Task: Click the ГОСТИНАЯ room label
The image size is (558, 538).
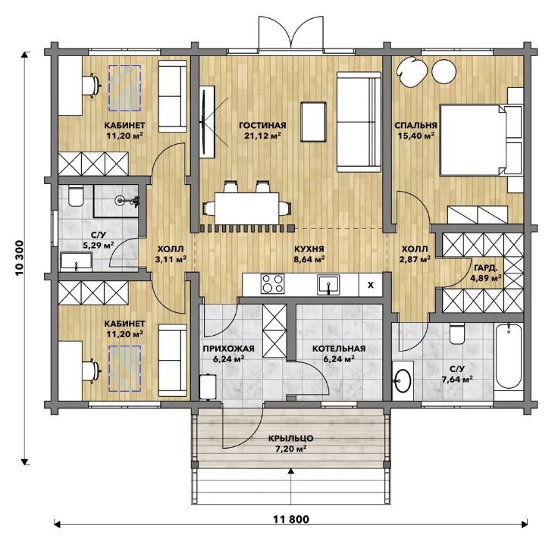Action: (x=262, y=126)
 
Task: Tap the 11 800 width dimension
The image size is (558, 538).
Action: (x=291, y=520)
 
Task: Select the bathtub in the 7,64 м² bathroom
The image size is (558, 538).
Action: (x=509, y=356)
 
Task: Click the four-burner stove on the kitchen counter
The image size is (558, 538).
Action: (x=273, y=283)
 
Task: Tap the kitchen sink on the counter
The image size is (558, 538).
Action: (x=328, y=284)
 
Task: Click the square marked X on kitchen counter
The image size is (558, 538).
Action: (x=371, y=285)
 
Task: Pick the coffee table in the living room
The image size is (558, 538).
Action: (x=313, y=122)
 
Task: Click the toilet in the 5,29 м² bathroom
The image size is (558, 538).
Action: (x=76, y=196)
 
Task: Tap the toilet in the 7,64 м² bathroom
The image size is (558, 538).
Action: (x=457, y=333)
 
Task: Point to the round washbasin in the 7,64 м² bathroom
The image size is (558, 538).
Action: (x=403, y=380)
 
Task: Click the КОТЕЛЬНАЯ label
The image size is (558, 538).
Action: (x=339, y=349)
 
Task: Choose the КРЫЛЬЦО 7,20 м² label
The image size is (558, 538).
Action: (x=290, y=443)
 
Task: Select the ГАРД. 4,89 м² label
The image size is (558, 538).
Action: (x=486, y=273)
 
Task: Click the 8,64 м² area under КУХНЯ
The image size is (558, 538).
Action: (x=309, y=259)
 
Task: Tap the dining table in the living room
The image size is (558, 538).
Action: (x=247, y=208)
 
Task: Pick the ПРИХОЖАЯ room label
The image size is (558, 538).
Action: (x=228, y=349)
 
